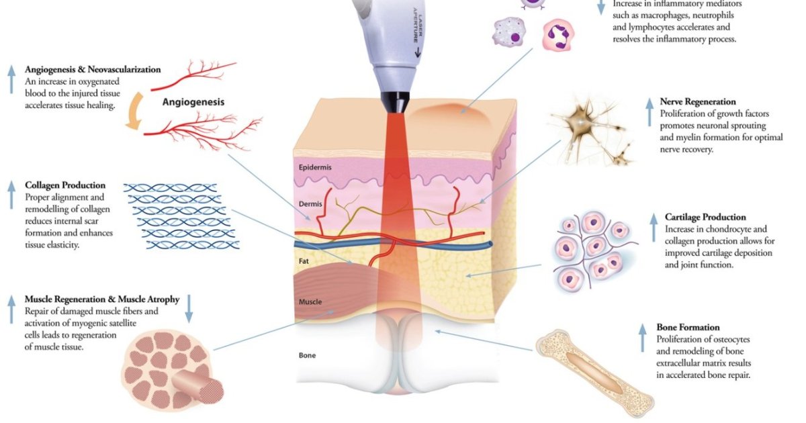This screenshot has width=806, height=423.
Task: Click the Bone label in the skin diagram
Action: (307, 355)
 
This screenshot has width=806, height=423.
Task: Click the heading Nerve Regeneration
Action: (698, 102)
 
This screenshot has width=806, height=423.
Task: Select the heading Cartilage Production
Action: (705, 218)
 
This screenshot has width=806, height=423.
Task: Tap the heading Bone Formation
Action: (688, 328)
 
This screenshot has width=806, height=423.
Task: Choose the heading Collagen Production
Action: (65, 185)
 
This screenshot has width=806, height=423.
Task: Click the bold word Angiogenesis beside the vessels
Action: (193, 103)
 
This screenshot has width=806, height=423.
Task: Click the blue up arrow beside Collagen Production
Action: (11, 194)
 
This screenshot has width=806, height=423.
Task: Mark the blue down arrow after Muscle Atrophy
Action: (189, 308)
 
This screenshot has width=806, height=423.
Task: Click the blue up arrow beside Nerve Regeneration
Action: (649, 111)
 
